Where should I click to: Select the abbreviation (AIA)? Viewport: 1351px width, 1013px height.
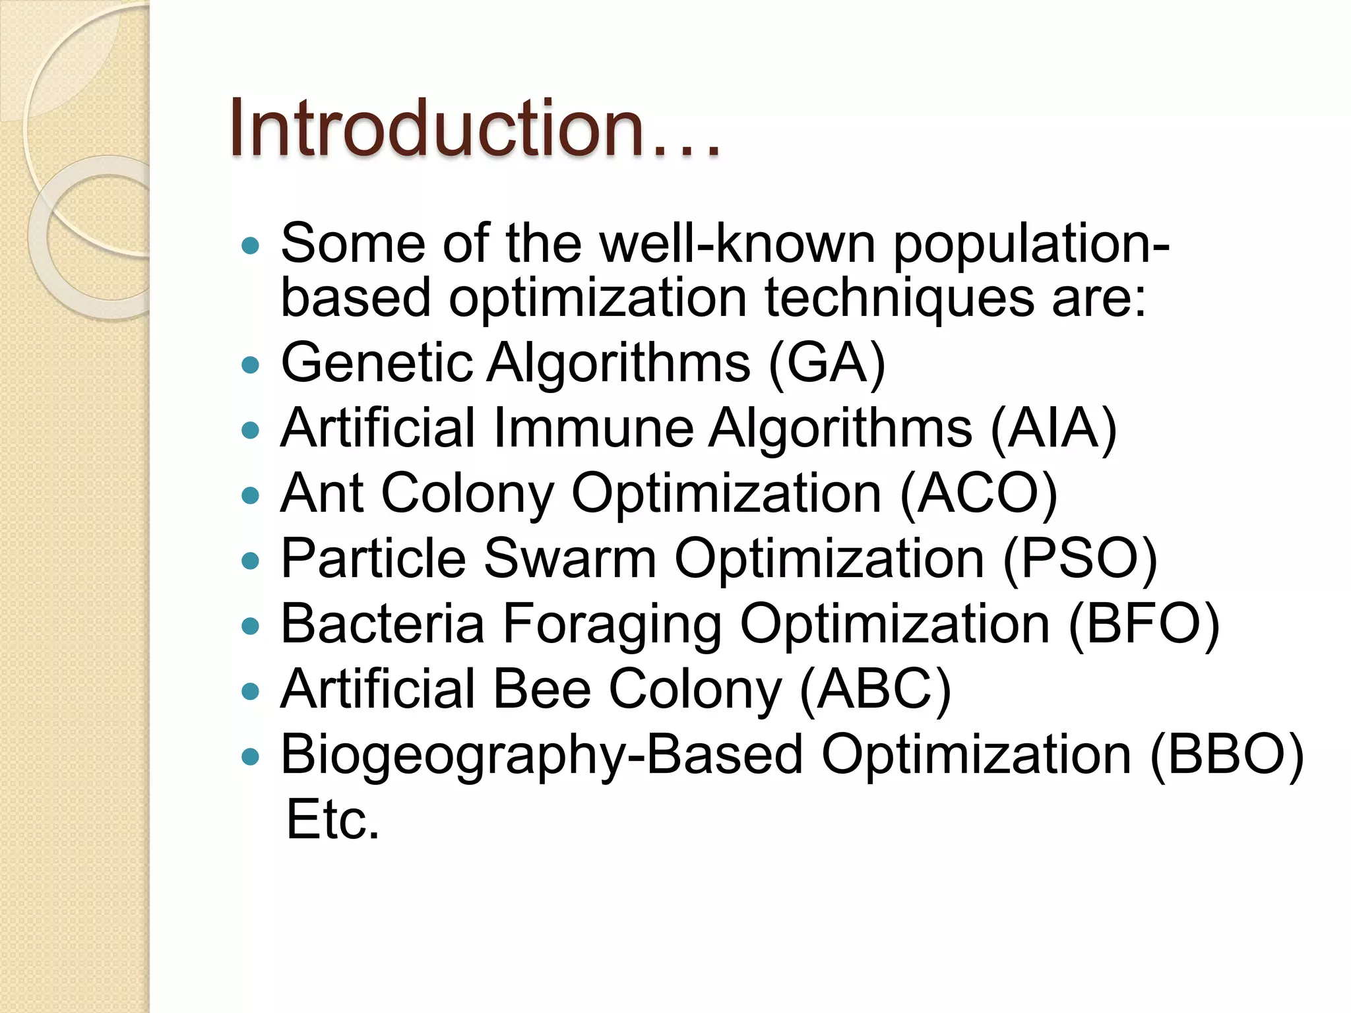pos(1053,428)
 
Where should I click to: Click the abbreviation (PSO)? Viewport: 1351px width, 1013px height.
pos(1080,559)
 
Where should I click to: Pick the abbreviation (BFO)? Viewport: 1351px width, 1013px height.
pos(1144,624)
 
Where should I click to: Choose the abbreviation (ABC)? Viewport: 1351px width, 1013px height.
pos(875,689)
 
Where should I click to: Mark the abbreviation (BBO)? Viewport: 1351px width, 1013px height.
pos(1226,754)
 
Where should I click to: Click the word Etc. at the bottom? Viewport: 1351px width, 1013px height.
pos(333,820)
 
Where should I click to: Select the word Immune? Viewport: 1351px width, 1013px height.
pos(592,428)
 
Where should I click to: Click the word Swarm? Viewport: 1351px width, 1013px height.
pos(569,559)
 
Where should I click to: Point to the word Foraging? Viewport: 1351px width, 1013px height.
pos(612,625)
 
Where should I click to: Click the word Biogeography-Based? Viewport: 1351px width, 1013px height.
pos(542,756)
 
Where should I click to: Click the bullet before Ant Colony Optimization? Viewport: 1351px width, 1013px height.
pos(251,495)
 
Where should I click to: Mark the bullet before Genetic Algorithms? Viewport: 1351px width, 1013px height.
pos(251,365)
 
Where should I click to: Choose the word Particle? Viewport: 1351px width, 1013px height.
pos(373,559)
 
